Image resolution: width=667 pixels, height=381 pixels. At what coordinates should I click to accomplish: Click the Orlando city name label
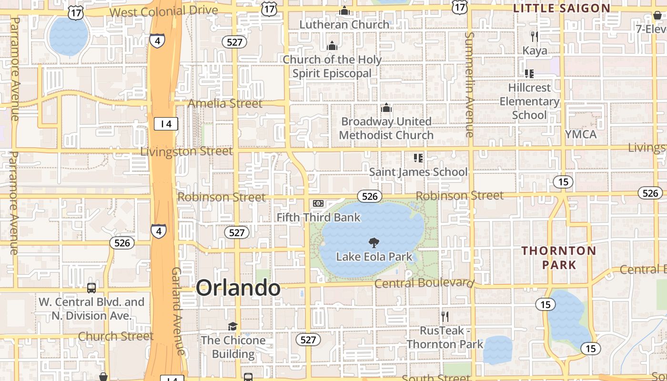(238, 288)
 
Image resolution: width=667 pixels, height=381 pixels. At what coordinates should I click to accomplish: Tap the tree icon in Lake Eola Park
(374, 243)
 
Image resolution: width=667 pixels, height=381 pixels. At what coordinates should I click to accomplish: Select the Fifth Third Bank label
(319, 218)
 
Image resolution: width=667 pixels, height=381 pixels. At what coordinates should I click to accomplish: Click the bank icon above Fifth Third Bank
(318, 204)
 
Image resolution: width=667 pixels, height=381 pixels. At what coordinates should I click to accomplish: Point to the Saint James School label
(418, 172)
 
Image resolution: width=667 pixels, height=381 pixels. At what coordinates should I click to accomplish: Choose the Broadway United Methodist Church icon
(386, 109)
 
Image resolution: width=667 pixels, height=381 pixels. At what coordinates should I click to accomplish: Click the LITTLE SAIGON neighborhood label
(562, 8)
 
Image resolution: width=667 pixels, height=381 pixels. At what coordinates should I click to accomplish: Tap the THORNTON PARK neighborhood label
(558, 258)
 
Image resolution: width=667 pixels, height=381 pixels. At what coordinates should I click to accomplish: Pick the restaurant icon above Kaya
(535, 36)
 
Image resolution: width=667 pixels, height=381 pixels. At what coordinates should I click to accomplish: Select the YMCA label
(581, 135)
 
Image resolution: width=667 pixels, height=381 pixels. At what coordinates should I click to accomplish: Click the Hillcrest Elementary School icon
(529, 74)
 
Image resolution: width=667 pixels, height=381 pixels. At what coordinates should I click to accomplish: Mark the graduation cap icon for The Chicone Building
(232, 327)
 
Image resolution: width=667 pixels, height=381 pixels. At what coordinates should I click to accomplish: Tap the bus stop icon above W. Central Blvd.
(91, 288)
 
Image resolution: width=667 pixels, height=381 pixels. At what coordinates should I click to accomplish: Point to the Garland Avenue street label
(177, 311)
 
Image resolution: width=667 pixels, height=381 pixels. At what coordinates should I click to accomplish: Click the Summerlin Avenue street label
(470, 85)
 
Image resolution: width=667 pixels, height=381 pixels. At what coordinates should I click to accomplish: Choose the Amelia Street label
(225, 103)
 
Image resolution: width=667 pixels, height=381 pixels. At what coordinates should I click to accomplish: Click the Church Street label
(116, 336)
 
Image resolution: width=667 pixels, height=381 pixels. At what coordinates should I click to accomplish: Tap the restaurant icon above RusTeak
(445, 316)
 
